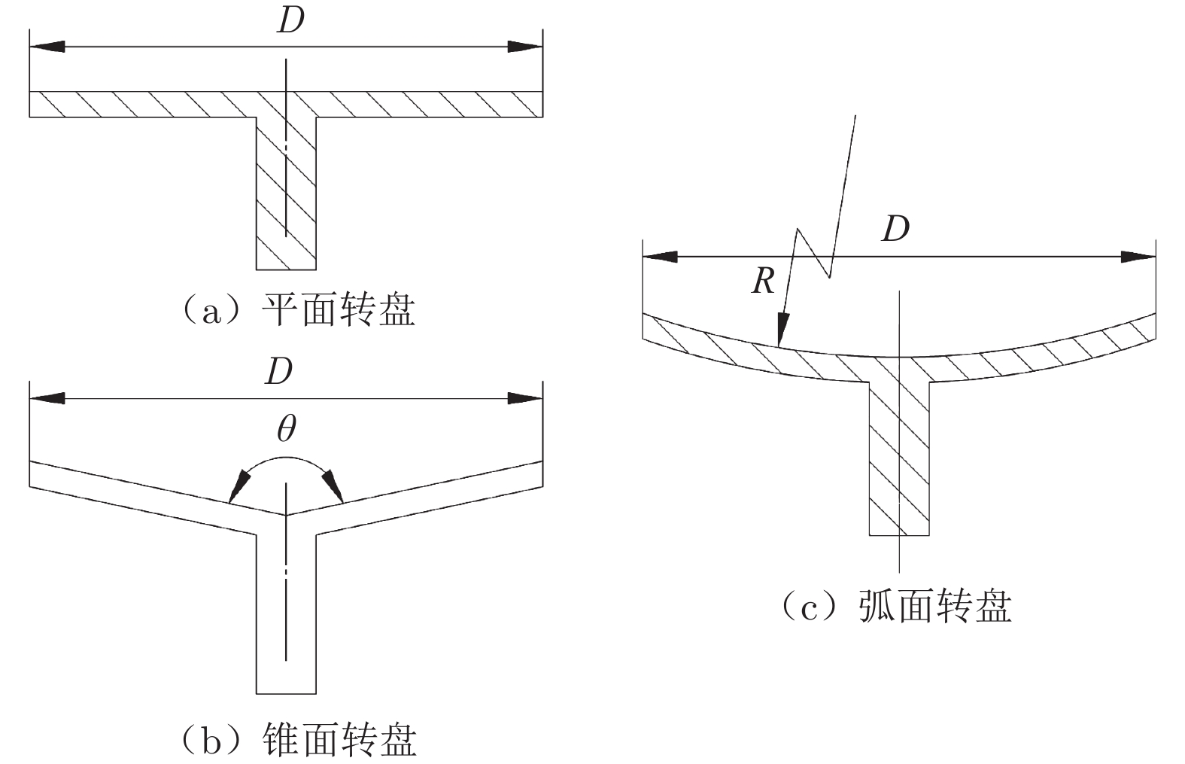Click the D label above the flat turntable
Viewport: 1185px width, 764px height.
(x=290, y=22)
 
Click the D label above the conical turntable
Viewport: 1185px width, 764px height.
(x=278, y=371)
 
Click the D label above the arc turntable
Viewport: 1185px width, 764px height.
(x=895, y=228)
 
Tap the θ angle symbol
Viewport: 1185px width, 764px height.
(x=286, y=429)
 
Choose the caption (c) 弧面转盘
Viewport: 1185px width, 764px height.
(x=895, y=606)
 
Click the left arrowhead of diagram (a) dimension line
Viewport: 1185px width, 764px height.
(x=47, y=47)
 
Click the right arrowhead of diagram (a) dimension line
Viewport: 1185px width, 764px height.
(x=525, y=47)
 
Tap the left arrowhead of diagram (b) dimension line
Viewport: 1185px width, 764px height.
(x=47, y=397)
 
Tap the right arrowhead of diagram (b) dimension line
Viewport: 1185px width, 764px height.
(x=525, y=397)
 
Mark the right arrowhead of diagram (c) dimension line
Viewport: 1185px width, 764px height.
(x=1138, y=257)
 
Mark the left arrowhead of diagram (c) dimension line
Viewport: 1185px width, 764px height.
(x=660, y=257)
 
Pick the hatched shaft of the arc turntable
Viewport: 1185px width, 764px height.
(x=899, y=459)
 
